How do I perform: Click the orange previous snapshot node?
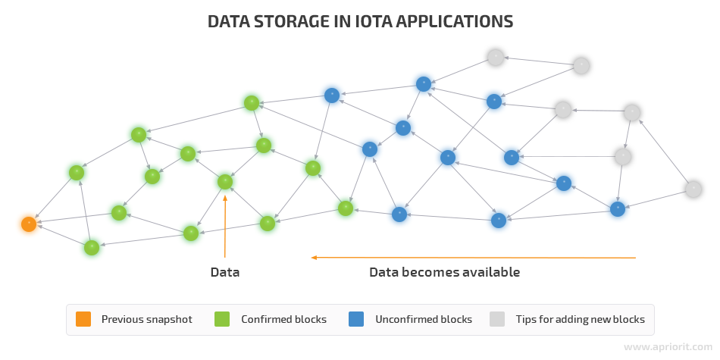tap(29, 224)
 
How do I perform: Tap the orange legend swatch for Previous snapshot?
tap(83, 319)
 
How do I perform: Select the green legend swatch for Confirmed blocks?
tap(222, 319)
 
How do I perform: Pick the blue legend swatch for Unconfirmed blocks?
tap(356, 319)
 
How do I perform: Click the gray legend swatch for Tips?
tap(497, 319)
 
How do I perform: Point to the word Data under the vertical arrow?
tap(225, 272)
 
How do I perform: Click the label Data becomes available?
tap(444, 272)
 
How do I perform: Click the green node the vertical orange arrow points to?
tap(225, 182)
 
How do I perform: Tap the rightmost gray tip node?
tap(693, 189)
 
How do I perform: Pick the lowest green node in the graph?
tap(92, 248)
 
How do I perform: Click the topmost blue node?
tap(424, 84)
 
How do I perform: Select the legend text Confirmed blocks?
tap(283, 319)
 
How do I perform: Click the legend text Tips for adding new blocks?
tap(581, 319)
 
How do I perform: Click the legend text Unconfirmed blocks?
tap(424, 319)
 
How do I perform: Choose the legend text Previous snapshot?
tap(147, 320)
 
